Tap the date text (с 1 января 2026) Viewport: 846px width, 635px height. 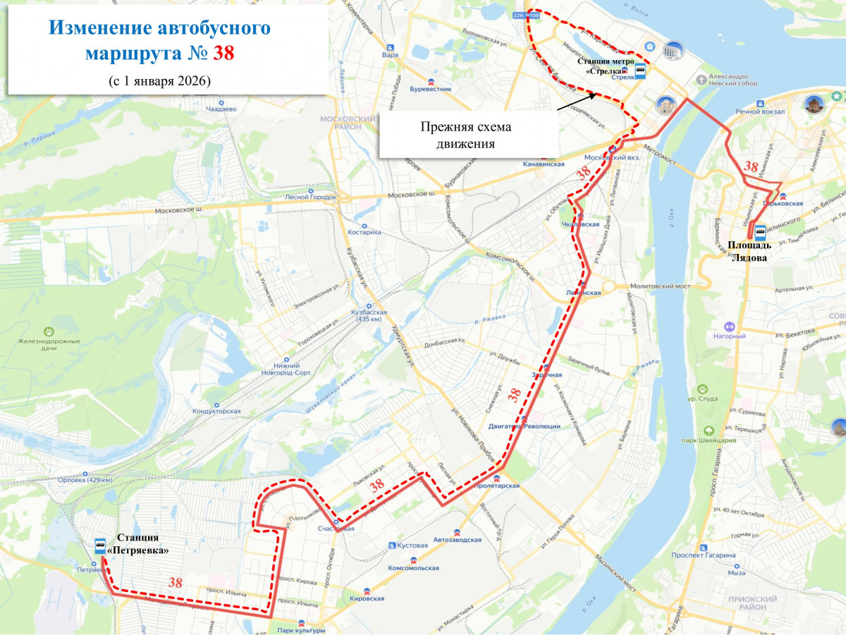(x=160, y=80)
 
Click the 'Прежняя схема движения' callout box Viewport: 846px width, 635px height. (x=465, y=135)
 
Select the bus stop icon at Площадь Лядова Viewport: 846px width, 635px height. (x=761, y=231)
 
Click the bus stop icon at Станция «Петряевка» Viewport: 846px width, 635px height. (x=100, y=545)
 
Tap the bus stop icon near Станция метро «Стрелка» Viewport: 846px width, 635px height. (x=640, y=69)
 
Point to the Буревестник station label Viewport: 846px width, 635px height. (x=430, y=90)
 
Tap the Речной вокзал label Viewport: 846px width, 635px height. (x=756, y=111)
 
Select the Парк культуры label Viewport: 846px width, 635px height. (x=301, y=630)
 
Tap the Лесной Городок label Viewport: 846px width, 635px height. (x=311, y=198)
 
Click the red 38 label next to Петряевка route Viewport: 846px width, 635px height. (x=176, y=583)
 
